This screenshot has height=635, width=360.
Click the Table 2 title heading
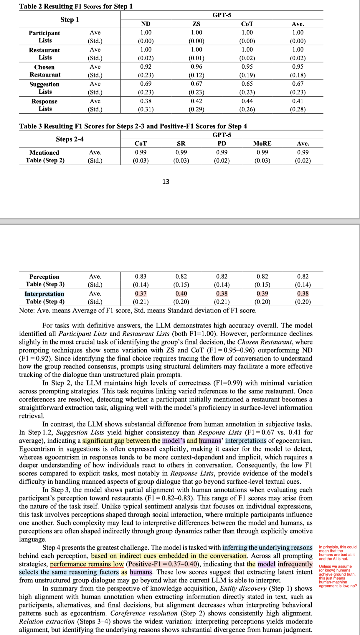point(76,6)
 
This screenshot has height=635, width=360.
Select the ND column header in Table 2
point(146,24)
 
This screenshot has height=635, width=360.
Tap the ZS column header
point(196,24)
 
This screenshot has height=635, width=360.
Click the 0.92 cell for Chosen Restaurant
point(146,67)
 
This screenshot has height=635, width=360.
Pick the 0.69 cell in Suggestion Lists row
point(146,84)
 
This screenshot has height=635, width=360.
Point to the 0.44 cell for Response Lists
point(247,101)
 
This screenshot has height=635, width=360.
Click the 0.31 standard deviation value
point(146,110)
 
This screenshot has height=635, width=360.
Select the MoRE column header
point(262,143)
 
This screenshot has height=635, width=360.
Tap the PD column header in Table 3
point(222,143)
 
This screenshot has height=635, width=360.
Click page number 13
point(166,181)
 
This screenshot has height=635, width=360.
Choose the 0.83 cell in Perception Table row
point(141,276)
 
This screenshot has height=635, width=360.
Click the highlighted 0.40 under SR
point(181,293)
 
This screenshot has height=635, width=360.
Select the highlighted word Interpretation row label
point(44,294)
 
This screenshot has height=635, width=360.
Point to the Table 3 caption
point(133,126)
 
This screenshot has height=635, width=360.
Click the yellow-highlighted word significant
point(97,441)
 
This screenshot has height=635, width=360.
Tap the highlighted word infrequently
point(295,564)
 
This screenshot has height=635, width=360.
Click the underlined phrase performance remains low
point(87,564)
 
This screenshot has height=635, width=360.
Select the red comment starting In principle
point(338,553)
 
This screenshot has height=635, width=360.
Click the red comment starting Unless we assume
point(338,576)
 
